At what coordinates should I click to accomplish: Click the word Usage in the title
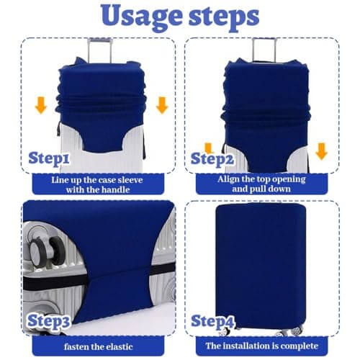click(x=132, y=16)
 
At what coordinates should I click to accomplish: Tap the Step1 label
click(x=49, y=158)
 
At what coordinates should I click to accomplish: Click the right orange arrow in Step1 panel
click(x=161, y=106)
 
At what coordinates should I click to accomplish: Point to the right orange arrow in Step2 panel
click(x=321, y=150)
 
